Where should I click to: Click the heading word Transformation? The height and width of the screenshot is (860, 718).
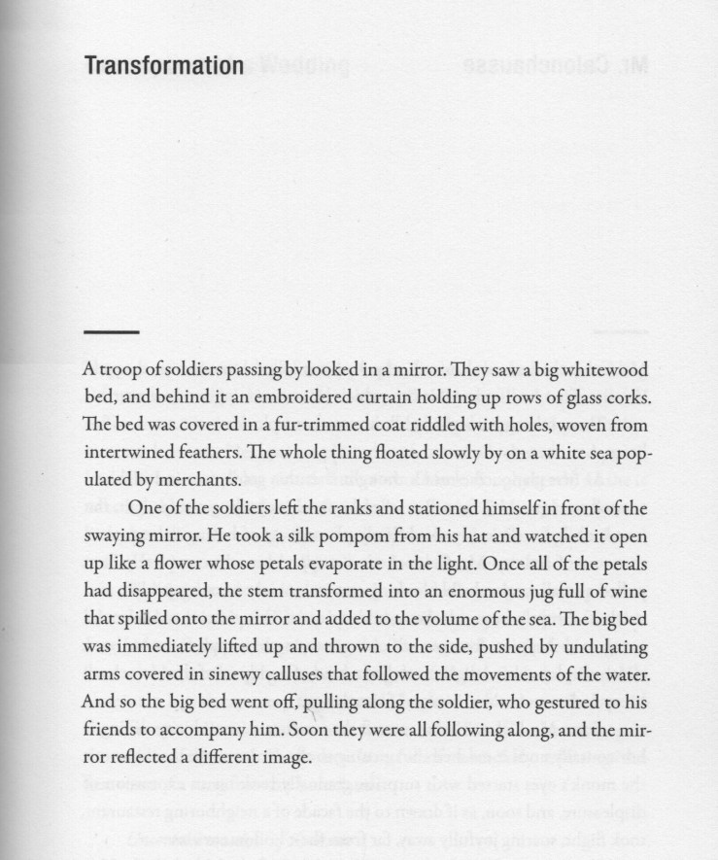click(x=163, y=66)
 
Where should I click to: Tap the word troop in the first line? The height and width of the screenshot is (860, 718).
click(x=121, y=371)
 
